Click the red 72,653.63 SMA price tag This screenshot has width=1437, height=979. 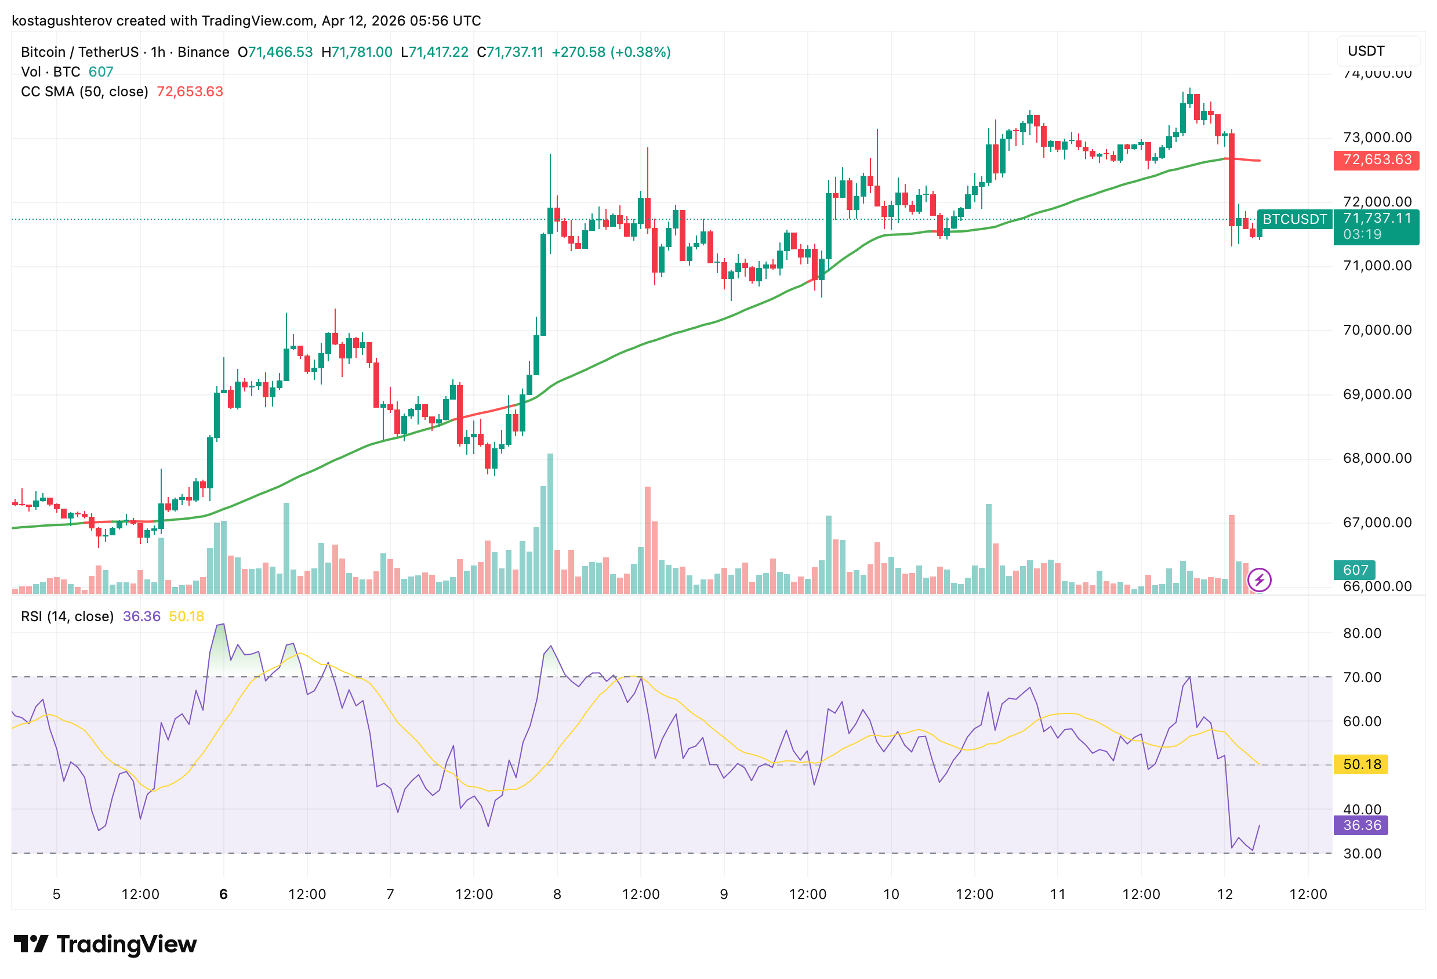tap(1377, 159)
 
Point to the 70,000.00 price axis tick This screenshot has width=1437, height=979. tap(1377, 329)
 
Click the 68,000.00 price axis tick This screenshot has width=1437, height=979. tap(1377, 458)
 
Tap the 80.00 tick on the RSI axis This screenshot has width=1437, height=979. tap(1362, 633)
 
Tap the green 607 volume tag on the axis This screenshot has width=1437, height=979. tap(1355, 570)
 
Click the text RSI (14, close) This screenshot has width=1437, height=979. tap(67, 616)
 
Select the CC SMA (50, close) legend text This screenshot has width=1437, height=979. tap(84, 92)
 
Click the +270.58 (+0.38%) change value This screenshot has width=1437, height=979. tap(611, 52)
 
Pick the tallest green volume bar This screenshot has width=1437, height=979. tap(550, 523)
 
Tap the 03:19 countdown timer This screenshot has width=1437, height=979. tap(1362, 234)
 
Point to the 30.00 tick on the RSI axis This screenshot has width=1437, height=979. tap(1362, 854)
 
